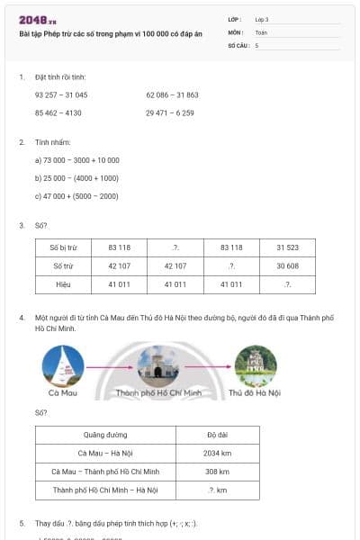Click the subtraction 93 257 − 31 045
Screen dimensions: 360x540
tap(61, 94)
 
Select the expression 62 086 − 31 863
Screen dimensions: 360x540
tap(172, 94)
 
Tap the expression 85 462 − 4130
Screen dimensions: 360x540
tap(58, 112)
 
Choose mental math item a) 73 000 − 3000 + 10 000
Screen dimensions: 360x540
tap(76, 160)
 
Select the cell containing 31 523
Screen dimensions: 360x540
tap(287, 247)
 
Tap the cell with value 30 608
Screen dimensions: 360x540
tap(287, 265)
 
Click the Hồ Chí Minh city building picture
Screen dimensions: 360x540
tap(158, 367)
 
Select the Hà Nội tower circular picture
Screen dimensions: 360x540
tap(255, 365)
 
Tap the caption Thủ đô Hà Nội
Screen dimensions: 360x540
tap(255, 394)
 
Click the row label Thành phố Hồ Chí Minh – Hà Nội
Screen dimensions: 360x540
tap(105, 490)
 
